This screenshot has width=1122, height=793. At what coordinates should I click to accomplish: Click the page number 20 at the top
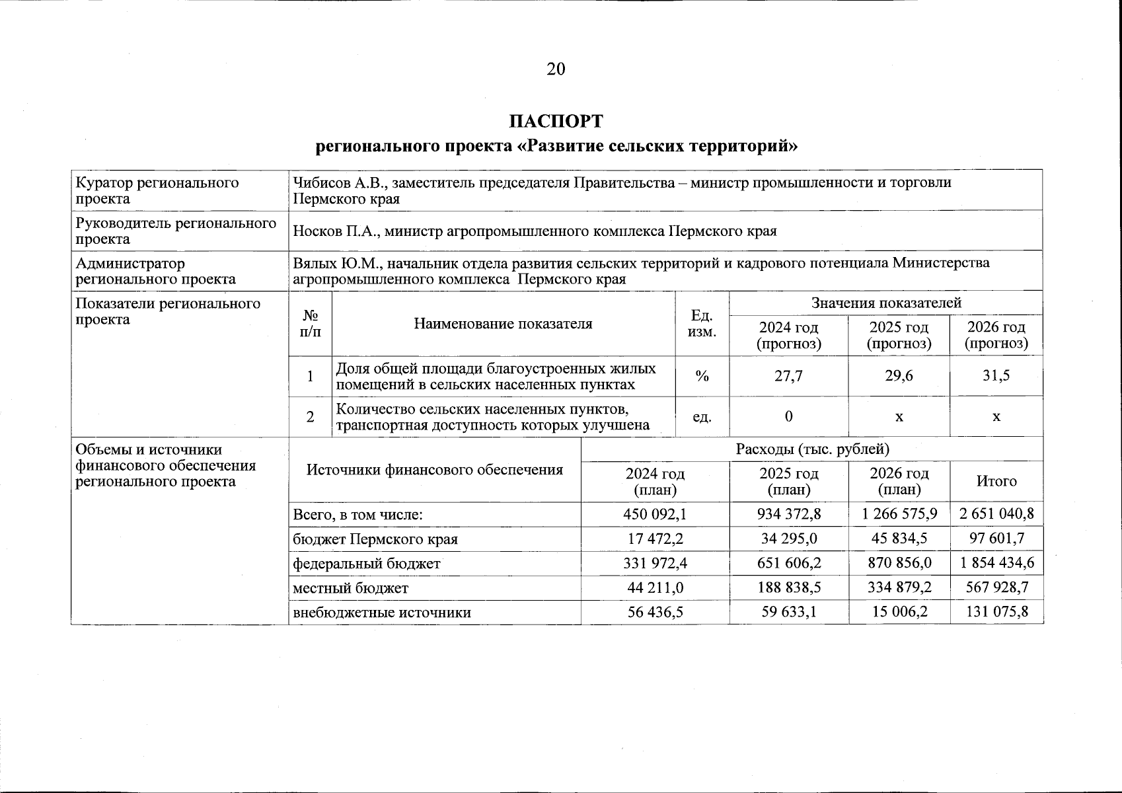[556, 69]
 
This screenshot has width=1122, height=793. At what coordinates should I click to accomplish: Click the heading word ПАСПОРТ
[556, 122]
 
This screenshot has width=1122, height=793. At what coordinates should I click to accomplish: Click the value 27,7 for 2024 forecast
[788, 376]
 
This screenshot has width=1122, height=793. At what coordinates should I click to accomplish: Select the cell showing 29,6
[899, 376]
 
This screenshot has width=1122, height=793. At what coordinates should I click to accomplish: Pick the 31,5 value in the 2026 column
[996, 376]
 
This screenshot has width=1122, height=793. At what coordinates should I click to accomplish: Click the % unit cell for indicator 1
[702, 376]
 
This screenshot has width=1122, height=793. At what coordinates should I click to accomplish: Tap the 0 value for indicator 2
[788, 416]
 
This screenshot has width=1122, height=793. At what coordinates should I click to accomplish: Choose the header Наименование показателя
[503, 324]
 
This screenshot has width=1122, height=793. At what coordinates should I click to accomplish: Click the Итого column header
[996, 481]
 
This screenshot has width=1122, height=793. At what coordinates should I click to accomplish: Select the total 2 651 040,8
[996, 514]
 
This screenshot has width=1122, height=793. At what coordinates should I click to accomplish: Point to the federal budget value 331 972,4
[655, 564]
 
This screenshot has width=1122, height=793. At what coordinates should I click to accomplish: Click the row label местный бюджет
[351, 588]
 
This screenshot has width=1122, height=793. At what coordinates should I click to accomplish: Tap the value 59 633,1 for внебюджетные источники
[788, 612]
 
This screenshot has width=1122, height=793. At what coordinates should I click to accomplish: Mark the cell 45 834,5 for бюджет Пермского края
[899, 539]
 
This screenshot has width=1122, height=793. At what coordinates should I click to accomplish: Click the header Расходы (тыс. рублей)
[812, 449]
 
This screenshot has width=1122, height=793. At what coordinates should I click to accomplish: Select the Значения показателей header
[886, 303]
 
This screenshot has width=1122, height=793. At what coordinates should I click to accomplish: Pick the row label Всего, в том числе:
[357, 515]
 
